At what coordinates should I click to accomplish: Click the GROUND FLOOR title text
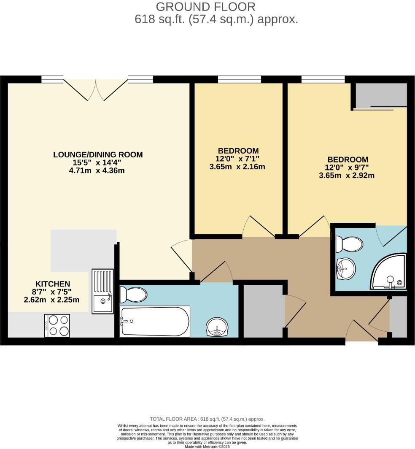pyautogui.click(x=205, y=7)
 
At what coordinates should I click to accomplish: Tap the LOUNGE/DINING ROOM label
pyautogui.click(x=98, y=154)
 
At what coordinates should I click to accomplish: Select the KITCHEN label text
pyautogui.click(x=53, y=284)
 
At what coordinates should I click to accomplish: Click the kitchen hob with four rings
pyautogui.click(x=57, y=325)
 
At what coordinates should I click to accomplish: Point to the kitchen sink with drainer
pyautogui.click(x=102, y=291)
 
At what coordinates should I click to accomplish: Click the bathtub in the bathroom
pyautogui.click(x=155, y=322)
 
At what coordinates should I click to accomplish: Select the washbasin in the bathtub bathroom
pyautogui.click(x=218, y=327)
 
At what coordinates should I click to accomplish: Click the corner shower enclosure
pyautogui.click(x=389, y=272)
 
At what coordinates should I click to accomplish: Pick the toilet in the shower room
pyautogui.click(x=349, y=244)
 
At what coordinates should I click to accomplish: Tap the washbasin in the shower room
pyautogui.click(x=346, y=268)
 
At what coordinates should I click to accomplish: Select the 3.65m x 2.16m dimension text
pyautogui.click(x=237, y=167)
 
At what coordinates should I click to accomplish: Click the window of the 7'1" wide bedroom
pyautogui.click(x=239, y=79)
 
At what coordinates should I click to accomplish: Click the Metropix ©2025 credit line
pyautogui.click(x=207, y=446)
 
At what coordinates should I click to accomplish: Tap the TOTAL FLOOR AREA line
pyautogui.click(x=207, y=419)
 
